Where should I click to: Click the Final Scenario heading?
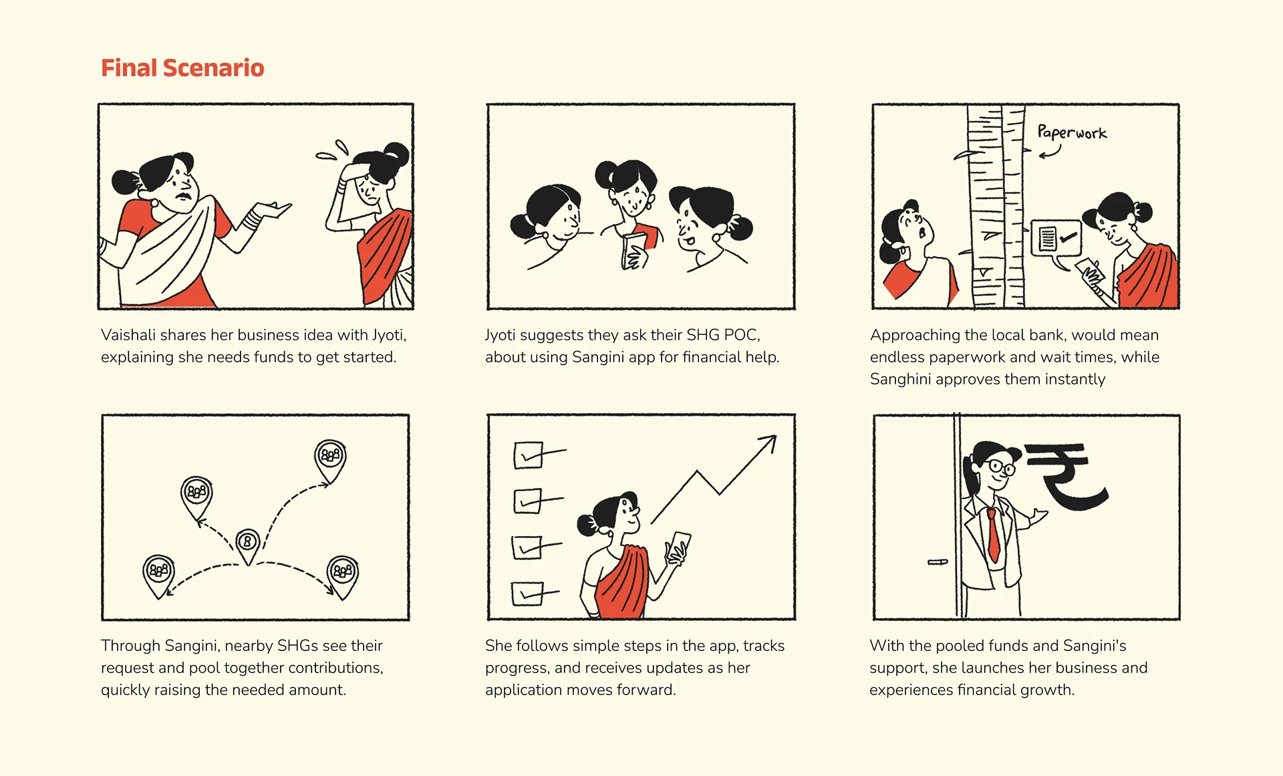(182, 68)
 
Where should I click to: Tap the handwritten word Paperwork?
(1072, 132)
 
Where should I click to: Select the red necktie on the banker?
(994, 535)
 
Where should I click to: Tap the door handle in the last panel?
(938, 562)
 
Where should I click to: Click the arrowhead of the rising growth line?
(769, 442)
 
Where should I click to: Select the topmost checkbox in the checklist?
(528, 455)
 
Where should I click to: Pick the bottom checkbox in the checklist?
(527, 594)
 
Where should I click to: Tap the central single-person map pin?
(247, 545)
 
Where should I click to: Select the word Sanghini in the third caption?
(900, 380)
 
